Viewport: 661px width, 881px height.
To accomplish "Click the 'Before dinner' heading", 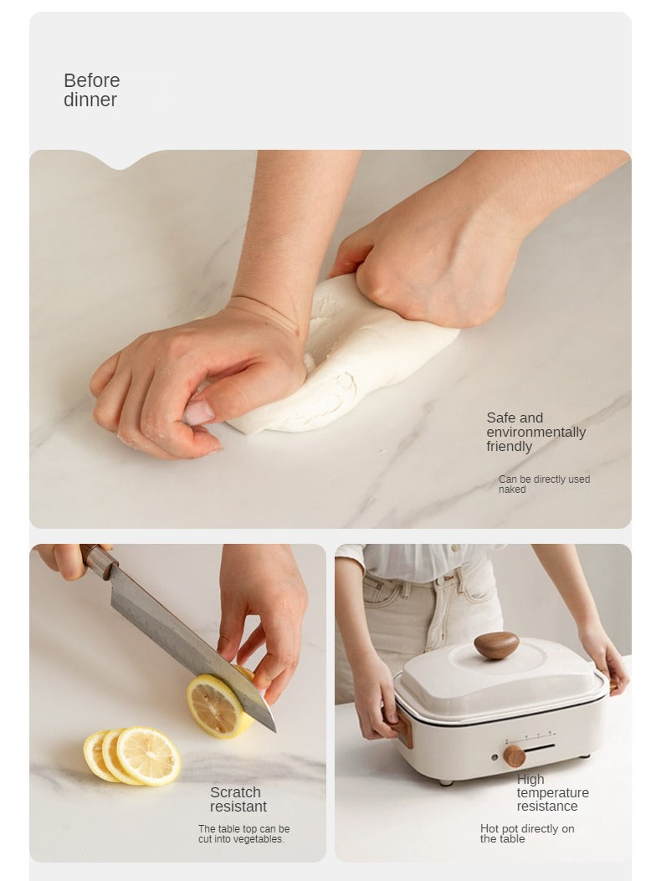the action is (x=91, y=90).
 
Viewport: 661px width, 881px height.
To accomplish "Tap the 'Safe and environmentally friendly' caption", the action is (x=535, y=432).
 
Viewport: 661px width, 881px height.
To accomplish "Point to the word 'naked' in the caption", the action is (x=512, y=489).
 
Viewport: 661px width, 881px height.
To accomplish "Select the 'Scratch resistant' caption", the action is (x=238, y=800).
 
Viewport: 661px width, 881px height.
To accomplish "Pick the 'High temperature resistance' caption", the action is (x=552, y=793).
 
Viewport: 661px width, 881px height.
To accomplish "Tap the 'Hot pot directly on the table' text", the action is (x=527, y=833).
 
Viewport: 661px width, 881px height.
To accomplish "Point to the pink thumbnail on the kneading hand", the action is (x=199, y=412).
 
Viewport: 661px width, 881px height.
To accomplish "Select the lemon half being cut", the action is (x=221, y=704).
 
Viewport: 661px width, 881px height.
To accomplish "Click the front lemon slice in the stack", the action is (x=148, y=756).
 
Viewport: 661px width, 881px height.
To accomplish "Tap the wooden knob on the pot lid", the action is (x=496, y=645).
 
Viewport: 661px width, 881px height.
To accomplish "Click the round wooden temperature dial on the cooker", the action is (x=515, y=756).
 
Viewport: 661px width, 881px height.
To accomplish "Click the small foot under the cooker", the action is (x=446, y=781).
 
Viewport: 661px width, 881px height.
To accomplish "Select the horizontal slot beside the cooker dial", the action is (x=541, y=747).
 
